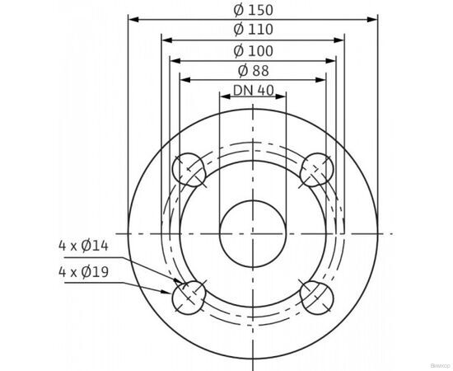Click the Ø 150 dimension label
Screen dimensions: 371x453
pos(253,10)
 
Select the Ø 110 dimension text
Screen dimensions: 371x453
pos(253,31)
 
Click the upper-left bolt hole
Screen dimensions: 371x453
pos(189,170)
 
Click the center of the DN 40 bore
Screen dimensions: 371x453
pos(253,233)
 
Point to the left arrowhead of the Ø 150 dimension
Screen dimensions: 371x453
pos(133,19)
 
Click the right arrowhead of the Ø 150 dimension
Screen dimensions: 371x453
pos(373,19)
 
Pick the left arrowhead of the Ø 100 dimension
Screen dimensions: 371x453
pos(174,59)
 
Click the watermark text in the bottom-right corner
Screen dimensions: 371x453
pos(434,362)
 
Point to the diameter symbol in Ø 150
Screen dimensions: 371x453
pos(238,10)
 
